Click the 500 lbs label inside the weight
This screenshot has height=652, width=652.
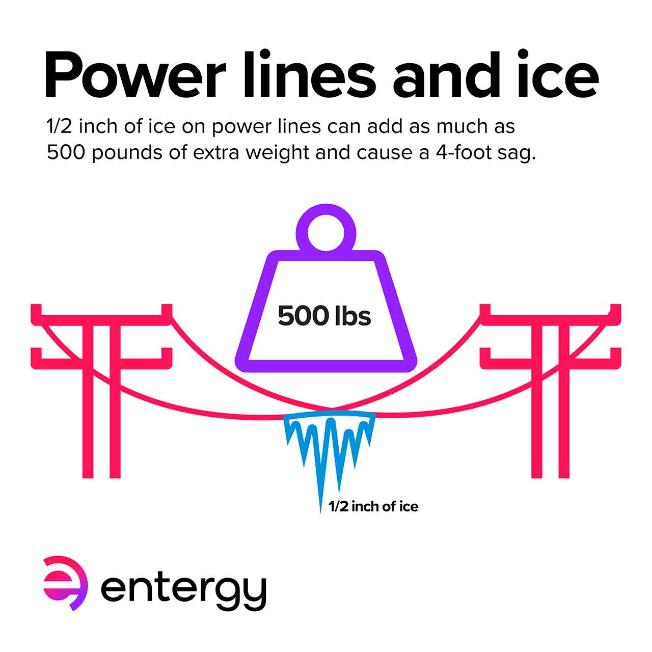coord(324,316)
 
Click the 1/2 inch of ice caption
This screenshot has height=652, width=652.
coord(373,506)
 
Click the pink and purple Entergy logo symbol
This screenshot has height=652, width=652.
coord(65,583)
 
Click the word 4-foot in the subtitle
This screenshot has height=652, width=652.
coord(464,152)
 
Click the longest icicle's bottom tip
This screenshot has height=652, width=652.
coord(321,510)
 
